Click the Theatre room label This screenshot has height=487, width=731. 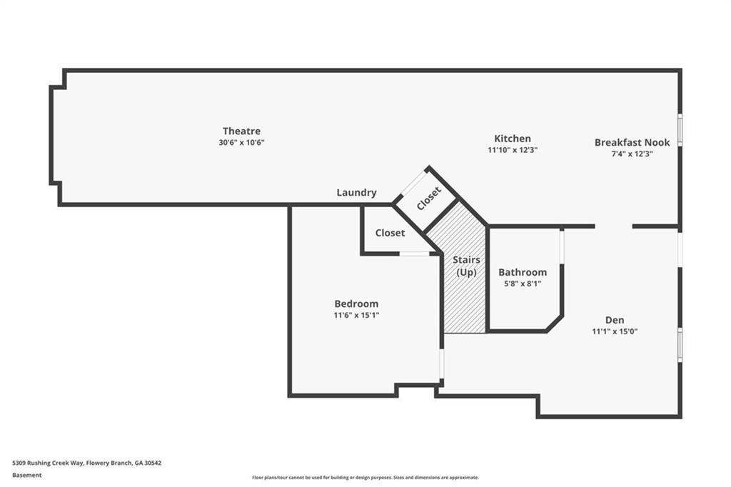point(241,131)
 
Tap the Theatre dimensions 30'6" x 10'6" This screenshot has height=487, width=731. point(241,142)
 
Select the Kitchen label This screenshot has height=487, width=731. point(513,139)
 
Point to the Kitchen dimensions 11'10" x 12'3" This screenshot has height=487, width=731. point(513,150)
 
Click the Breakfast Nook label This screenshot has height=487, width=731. point(632,142)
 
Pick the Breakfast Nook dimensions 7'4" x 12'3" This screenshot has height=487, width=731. point(632,154)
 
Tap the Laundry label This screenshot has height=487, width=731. point(357,193)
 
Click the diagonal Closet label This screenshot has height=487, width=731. point(429,199)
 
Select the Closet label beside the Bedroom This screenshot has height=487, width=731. point(390,233)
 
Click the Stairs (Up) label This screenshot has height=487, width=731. point(466,266)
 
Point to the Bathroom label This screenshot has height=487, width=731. point(523,272)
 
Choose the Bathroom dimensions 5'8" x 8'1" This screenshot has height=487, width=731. point(523,283)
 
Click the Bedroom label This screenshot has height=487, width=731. point(356,303)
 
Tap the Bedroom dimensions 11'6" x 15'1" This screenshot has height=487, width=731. point(356,315)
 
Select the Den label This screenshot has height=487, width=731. point(615,320)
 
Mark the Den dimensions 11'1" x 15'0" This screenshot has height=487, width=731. point(615,331)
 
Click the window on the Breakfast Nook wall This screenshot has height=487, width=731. point(680,130)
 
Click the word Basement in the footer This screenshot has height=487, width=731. point(26,476)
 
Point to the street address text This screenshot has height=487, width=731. point(86,463)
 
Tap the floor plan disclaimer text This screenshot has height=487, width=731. point(365,478)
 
